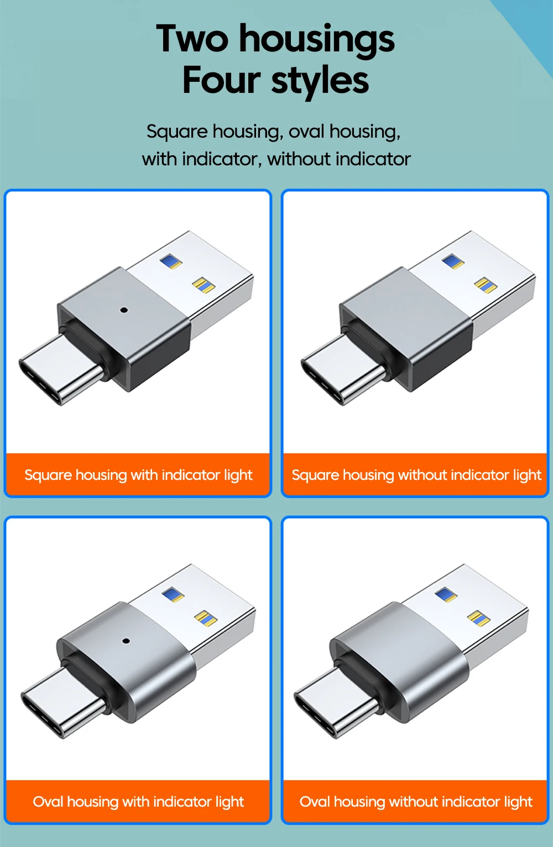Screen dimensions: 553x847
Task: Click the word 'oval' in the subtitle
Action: click(306, 132)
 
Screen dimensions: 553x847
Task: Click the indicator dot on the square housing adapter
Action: click(124, 310)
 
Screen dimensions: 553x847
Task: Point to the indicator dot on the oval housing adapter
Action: click(126, 641)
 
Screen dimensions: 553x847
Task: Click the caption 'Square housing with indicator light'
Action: click(138, 474)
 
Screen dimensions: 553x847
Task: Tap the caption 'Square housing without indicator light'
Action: click(416, 474)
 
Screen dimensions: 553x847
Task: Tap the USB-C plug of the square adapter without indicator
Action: click(342, 369)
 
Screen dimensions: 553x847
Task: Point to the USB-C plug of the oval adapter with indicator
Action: click(62, 702)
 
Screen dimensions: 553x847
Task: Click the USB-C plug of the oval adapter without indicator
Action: click(336, 702)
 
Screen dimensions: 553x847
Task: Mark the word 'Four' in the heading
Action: click(221, 80)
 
